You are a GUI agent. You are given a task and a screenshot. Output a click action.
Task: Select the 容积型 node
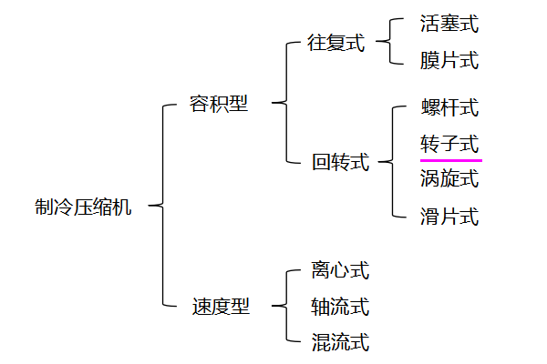click(218, 103)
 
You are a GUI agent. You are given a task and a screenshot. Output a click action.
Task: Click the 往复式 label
click(335, 43)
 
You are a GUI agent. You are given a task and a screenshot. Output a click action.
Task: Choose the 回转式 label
click(340, 163)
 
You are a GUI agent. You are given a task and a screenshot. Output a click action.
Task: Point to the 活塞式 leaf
click(449, 24)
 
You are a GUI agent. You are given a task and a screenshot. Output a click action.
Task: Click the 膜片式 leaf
click(449, 61)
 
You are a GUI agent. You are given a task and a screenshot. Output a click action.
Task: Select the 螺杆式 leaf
click(449, 107)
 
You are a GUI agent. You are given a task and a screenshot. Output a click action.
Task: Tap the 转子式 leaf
click(449, 144)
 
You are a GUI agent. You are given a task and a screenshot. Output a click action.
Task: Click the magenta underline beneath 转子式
click(450, 159)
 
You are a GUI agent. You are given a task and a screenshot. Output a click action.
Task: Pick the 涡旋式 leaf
click(449, 178)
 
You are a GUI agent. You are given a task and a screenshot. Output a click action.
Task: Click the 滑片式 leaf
click(449, 217)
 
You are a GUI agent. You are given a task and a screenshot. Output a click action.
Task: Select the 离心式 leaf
click(340, 270)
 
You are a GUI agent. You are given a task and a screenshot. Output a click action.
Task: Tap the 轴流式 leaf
click(340, 307)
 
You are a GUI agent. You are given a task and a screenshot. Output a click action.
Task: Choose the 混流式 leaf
click(340, 343)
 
